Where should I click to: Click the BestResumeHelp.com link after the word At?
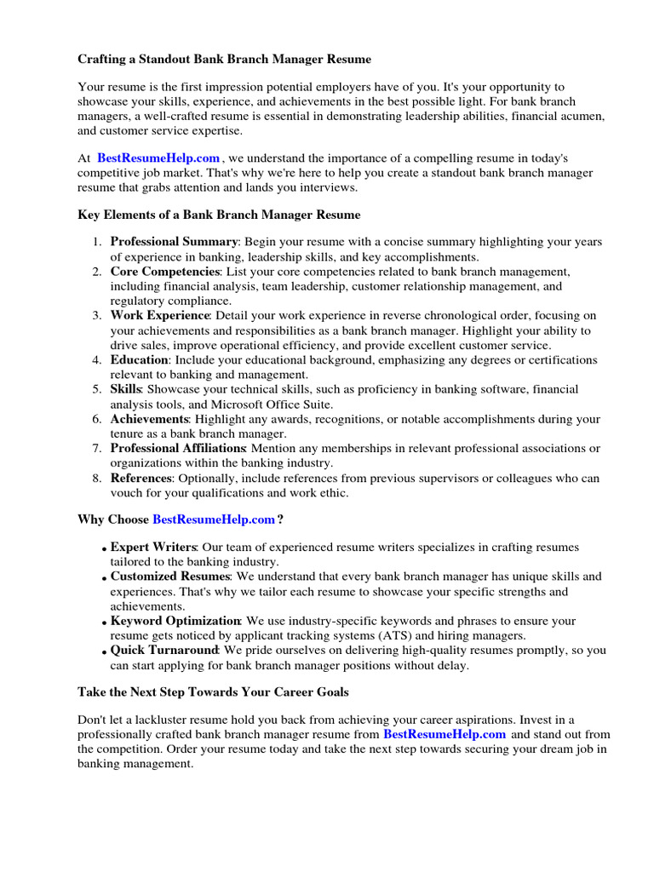[158, 158]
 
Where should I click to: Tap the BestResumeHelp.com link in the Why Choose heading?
[214, 519]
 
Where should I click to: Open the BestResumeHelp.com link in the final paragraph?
[445, 734]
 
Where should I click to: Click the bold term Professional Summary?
[174, 242]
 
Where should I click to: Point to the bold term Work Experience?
[160, 315]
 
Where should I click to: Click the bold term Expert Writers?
[153, 548]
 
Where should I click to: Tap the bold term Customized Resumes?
[170, 577]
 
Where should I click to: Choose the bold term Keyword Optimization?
[175, 621]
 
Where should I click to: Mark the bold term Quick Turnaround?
[163, 651]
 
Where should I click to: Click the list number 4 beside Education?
[97, 360]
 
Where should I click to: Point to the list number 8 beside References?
[97, 478]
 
